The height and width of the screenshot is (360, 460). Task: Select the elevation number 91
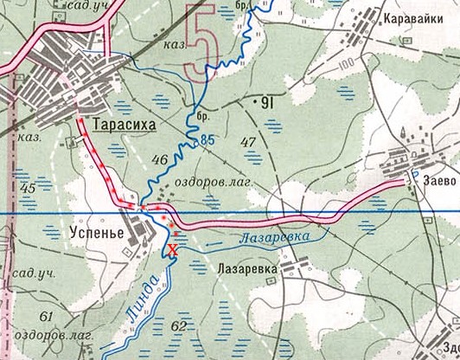click(x=266, y=104)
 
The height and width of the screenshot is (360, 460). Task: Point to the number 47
click(x=248, y=142)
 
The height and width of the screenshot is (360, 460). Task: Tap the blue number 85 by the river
click(x=207, y=139)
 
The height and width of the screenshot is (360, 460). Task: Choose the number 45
click(x=28, y=187)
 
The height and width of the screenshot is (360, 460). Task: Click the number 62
click(x=179, y=325)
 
